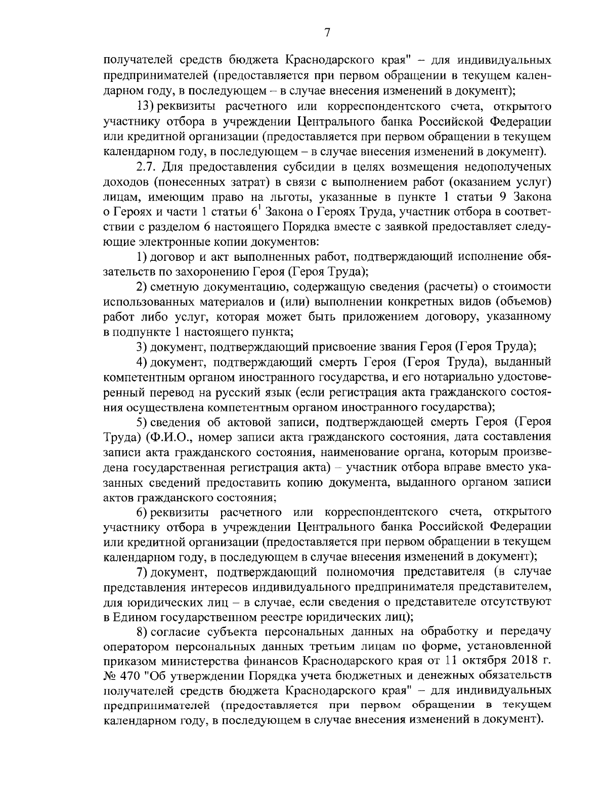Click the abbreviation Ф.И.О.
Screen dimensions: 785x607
(169, 437)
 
